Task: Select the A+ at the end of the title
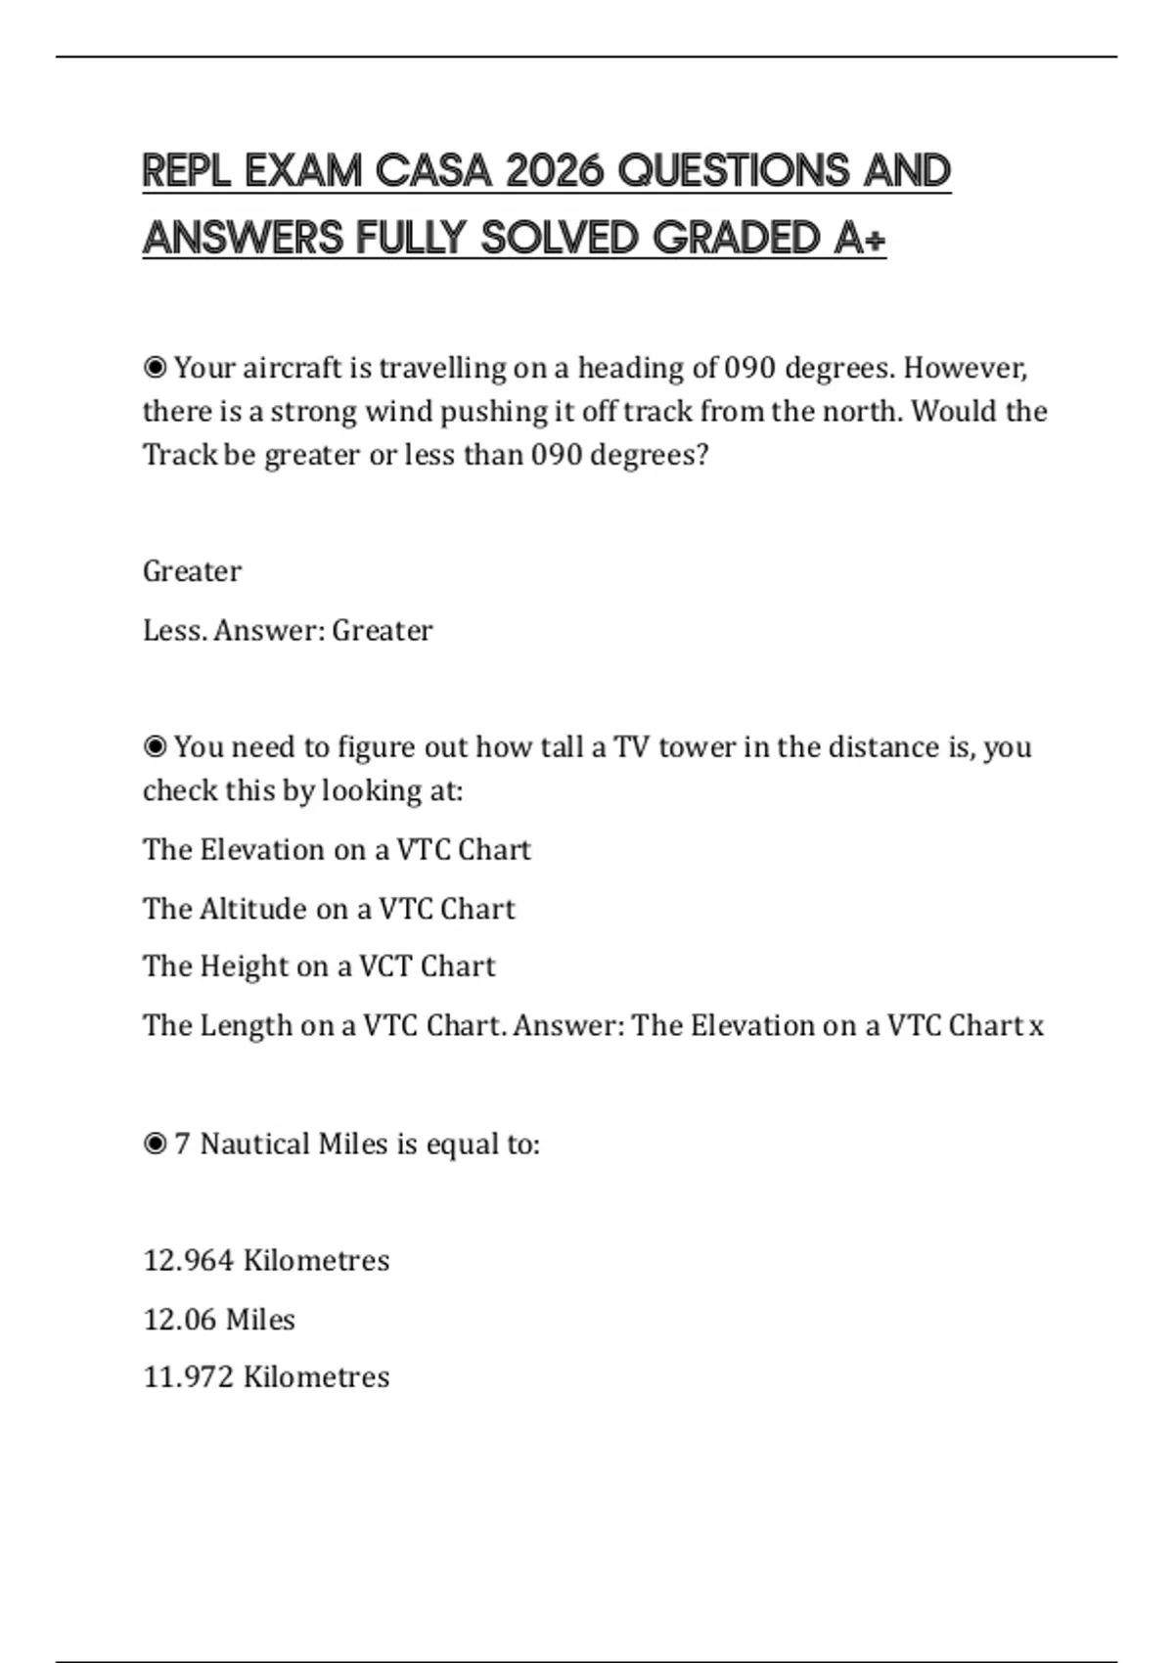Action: pyautogui.click(x=860, y=238)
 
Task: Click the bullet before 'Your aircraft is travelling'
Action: pyautogui.click(x=155, y=368)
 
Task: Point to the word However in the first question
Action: pyautogui.click(x=965, y=368)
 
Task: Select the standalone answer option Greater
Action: pyautogui.click(x=192, y=571)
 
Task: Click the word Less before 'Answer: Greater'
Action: pyautogui.click(x=174, y=630)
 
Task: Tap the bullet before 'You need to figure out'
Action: pyautogui.click(x=155, y=747)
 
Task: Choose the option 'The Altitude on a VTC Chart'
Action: pyautogui.click(x=329, y=909)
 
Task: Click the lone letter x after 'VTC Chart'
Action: pyautogui.click(x=1036, y=1026)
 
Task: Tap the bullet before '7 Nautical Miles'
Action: pyautogui.click(x=155, y=1144)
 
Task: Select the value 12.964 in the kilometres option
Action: pyautogui.click(x=189, y=1260)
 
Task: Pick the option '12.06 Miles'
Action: pyautogui.click(x=219, y=1320)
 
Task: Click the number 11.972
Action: pyautogui.click(x=189, y=1377)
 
